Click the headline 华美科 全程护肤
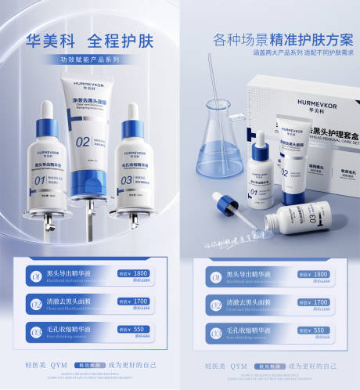(x=90, y=38)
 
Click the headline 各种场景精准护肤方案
(x=270, y=38)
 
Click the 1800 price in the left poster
(x=140, y=273)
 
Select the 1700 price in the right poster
(x=319, y=302)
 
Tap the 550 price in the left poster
(x=141, y=330)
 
